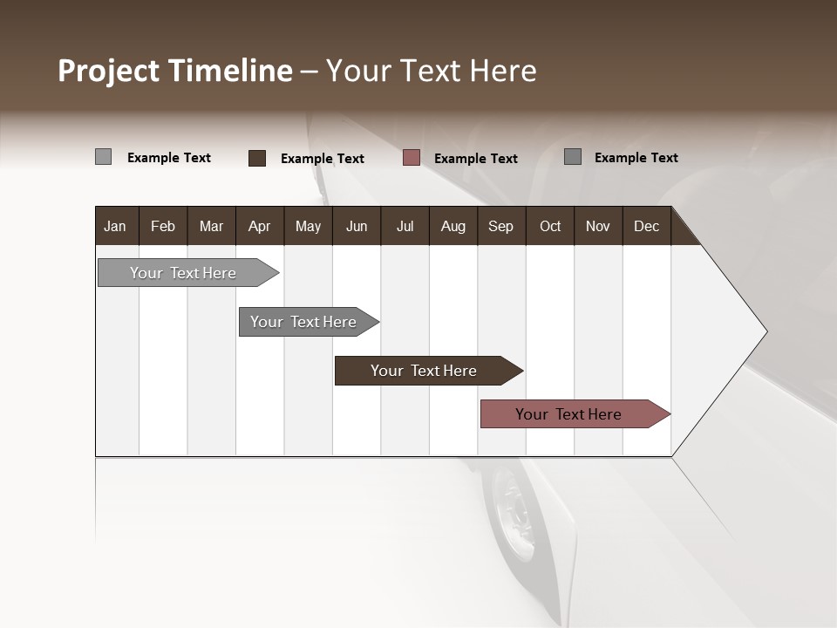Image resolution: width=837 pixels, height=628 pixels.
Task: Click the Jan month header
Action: [x=115, y=226]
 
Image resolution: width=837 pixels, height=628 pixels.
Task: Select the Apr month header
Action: [x=259, y=226]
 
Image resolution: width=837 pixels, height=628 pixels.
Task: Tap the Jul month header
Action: [x=405, y=226]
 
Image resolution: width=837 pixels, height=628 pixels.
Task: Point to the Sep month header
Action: [x=500, y=226]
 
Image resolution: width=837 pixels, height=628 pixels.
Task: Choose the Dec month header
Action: [x=646, y=226]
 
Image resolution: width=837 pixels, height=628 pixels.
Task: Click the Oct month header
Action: [x=550, y=226]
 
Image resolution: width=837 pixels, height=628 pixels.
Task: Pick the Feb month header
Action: [x=163, y=226]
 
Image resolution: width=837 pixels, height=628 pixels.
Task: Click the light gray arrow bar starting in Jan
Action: [x=183, y=273]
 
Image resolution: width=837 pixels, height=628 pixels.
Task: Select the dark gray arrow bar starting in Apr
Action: [x=303, y=322]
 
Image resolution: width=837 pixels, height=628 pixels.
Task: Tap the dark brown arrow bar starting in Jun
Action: [x=424, y=371]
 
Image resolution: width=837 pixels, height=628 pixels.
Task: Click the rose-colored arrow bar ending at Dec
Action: [x=568, y=414]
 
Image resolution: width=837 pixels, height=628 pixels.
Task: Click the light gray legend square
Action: [x=103, y=157]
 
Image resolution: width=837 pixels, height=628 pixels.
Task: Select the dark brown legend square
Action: [x=257, y=158]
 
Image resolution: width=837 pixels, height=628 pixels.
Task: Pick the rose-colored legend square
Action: [x=412, y=158]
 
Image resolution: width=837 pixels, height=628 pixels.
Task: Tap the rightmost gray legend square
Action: [x=573, y=157]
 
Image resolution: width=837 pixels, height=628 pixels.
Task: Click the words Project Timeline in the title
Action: [x=174, y=71]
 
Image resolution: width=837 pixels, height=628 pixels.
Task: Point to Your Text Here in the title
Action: [x=432, y=71]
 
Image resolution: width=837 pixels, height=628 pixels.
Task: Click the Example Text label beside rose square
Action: [x=475, y=158]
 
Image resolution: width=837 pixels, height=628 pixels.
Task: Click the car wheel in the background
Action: [x=514, y=515]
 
